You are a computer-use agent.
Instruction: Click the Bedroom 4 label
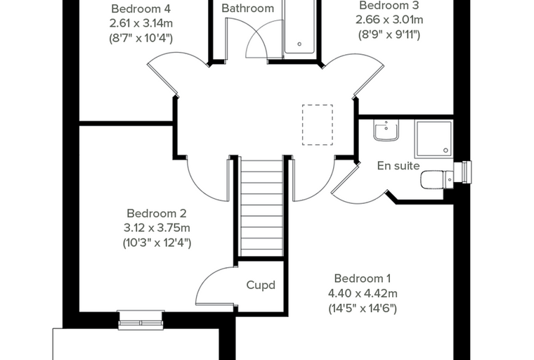pos(141,8)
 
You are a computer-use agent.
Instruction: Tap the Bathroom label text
pos(247,8)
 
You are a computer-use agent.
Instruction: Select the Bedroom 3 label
pos(389,6)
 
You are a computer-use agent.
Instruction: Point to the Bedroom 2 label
pos(156,214)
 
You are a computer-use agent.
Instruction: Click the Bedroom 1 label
pos(363,278)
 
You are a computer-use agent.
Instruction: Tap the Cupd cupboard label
pos(261,285)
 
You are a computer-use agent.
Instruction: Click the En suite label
pos(398,166)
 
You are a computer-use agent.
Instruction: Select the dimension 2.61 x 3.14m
pos(141,23)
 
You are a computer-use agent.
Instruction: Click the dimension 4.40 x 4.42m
pos(363,293)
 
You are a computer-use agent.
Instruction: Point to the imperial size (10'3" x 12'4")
pos(157,243)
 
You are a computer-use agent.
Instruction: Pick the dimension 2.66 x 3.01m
pos(389,20)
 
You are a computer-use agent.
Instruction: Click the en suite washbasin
pos(386,131)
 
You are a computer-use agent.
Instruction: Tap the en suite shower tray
pos(434,139)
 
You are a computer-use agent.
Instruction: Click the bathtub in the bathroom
pos(300,27)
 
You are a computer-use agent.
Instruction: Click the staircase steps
pos(261,208)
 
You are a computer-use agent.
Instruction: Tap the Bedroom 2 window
pos(141,321)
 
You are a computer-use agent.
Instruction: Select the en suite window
pos(463,172)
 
